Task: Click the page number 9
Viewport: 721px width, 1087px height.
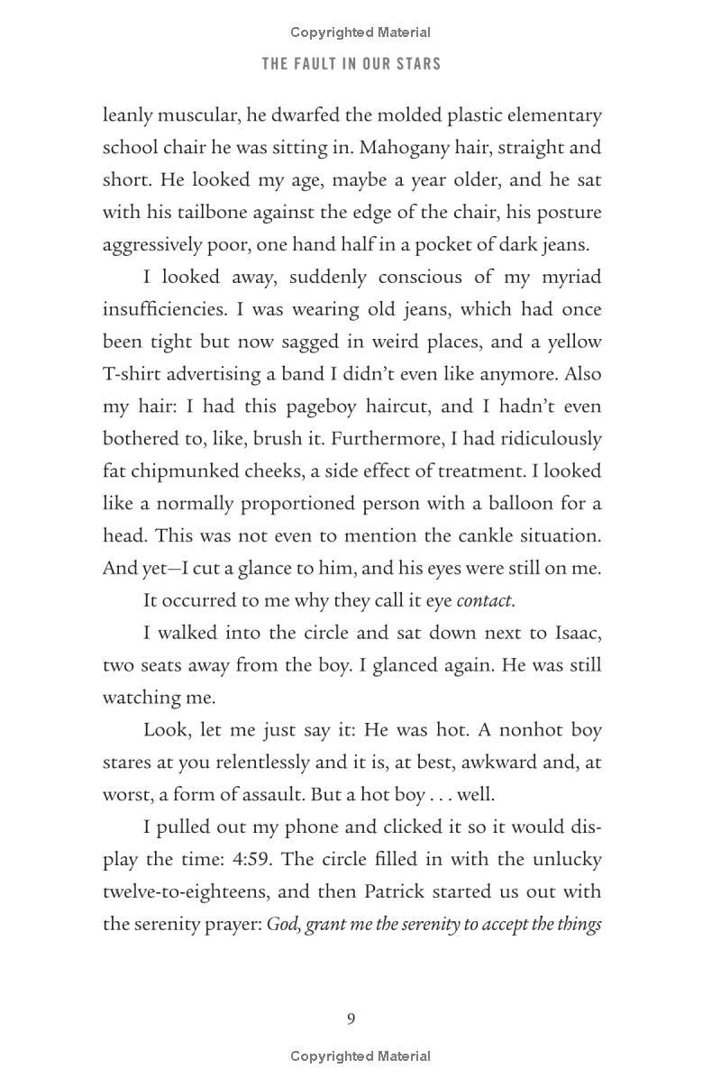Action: pos(351,1018)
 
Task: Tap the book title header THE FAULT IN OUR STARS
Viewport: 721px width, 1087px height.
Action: pos(351,64)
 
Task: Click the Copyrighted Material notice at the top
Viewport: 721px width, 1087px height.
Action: pos(360,32)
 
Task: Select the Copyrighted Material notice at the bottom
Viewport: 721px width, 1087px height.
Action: pos(360,1056)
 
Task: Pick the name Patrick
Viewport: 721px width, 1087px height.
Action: pos(399,891)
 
